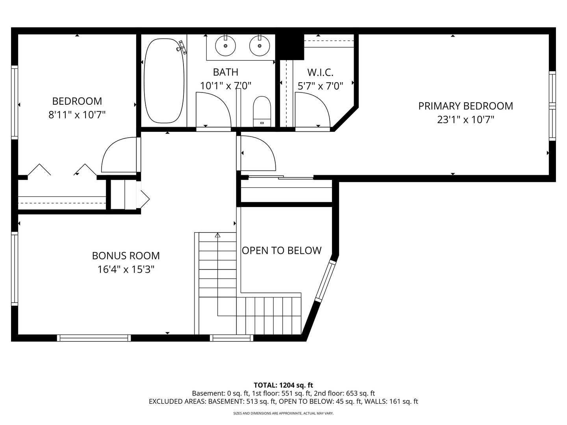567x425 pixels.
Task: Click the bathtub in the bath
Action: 164,81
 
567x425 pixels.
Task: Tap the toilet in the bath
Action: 262,111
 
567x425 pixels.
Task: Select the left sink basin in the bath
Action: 225,46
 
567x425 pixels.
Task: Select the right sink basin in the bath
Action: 259,46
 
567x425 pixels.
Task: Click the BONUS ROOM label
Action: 126,256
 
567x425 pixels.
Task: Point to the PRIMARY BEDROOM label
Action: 465,106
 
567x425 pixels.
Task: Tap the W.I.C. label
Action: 320,72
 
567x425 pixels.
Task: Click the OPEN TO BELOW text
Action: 282,250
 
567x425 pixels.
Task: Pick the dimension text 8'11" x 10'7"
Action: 77,115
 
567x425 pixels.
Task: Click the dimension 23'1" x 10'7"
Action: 465,120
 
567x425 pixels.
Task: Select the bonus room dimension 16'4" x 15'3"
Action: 126,270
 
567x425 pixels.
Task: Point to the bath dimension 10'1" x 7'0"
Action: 226,85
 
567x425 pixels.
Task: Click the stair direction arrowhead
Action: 218,235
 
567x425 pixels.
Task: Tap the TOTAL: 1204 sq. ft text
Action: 283,385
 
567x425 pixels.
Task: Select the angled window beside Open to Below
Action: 325,281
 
